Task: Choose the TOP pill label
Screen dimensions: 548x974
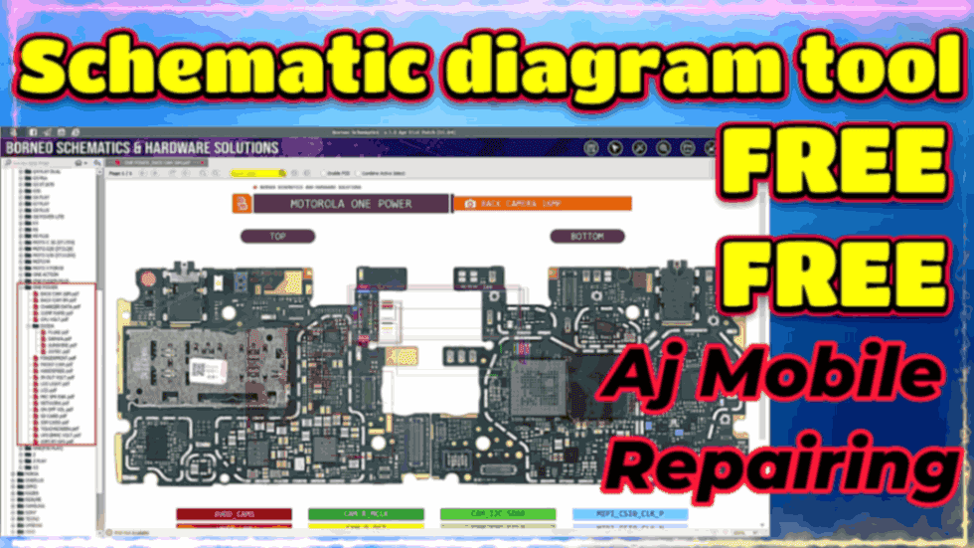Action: click(x=277, y=237)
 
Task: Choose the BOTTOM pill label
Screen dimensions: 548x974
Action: click(x=586, y=237)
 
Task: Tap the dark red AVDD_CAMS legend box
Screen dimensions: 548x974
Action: click(x=234, y=514)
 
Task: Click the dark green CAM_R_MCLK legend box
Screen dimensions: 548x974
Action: click(x=366, y=514)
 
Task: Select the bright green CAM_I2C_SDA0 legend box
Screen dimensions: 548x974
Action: click(x=498, y=514)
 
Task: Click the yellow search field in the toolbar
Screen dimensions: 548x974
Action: click(x=244, y=173)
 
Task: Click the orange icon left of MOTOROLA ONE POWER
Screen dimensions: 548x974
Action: click(x=241, y=204)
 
